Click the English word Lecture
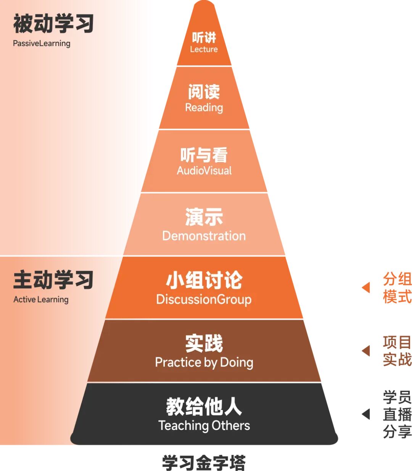coord(204,49)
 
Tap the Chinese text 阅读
coord(204,92)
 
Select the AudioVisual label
coord(204,170)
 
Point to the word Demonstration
coord(204,236)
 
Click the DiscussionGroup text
coord(204,299)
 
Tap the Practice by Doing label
coord(204,362)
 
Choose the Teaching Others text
coord(204,425)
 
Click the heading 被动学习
coord(53,24)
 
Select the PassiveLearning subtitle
coord(42,43)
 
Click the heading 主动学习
coord(53,280)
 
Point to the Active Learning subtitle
coord(41,300)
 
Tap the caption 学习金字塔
coord(204,463)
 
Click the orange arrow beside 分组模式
coord(366,287)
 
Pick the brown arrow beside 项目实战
coord(366,351)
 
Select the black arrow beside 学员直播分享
coord(366,414)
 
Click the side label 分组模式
coord(397,288)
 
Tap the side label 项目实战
coord(397,351)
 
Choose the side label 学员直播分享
coord(397,414)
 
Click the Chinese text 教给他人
coord(204,406)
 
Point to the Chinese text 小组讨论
coord(204,280)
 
